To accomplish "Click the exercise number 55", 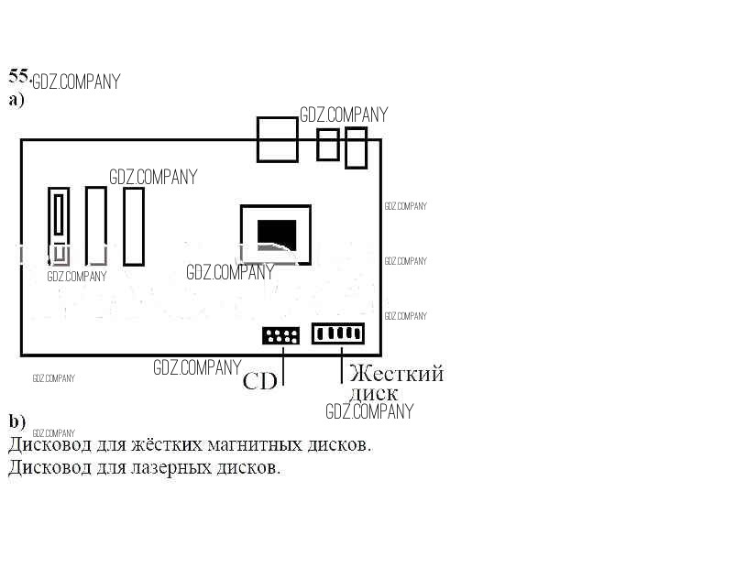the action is [18, 75].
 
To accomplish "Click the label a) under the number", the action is [16, 100].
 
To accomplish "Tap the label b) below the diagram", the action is [17, 421].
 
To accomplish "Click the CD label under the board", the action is [259, 381].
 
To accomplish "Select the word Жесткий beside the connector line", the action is [397, 374].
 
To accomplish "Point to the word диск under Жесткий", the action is [374, 394].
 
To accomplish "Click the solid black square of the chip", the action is [277, 235].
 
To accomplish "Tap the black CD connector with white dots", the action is [280, 335].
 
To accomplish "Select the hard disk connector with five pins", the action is [338, 333].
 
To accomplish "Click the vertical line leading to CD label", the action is [283, 366].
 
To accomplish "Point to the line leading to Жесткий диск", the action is [342, 366].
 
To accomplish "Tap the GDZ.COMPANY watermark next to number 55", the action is [76, 82].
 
